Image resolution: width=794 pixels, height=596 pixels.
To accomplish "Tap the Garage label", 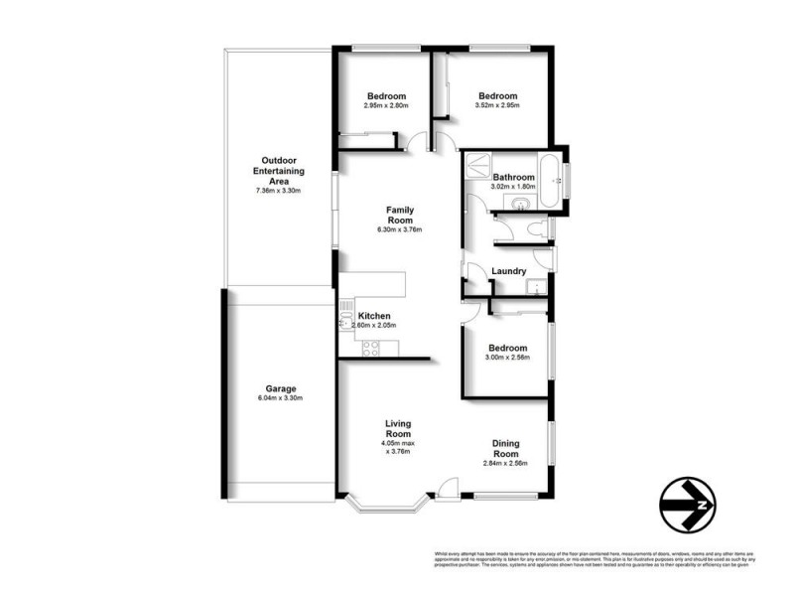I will click(x=280, y=388).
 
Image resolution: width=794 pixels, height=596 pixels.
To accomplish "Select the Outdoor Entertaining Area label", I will click(x=279, y=171).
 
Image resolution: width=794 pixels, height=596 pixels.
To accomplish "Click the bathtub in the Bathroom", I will click(x=549, y=166).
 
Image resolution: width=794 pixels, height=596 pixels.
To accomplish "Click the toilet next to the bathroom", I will click(x=537, y=229).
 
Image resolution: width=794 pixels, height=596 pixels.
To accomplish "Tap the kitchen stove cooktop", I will click(x=369, y=348).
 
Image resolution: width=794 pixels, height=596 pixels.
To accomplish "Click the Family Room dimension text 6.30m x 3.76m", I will click(x=399, y=229).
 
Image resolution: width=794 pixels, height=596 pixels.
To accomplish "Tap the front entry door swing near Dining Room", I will click(x=447, y=487).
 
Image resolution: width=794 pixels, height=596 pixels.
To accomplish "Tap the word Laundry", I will click(x=509, y=270).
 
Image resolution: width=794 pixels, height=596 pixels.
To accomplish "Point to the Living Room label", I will click(x=398, y=428).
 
